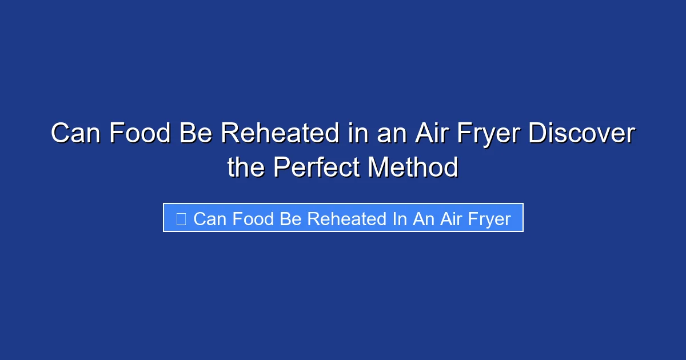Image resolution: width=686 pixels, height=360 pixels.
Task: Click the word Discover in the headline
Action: tap(581, 134)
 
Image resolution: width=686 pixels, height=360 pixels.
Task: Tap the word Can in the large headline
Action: tap(75, 134)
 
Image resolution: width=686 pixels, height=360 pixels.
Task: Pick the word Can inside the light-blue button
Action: tap(209, 219)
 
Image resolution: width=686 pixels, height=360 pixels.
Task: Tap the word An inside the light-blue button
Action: tap(423, 219)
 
